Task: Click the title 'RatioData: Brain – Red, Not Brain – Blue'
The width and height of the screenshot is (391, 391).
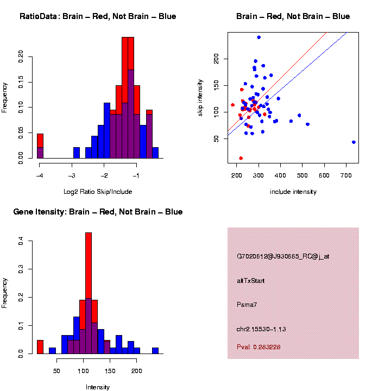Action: pos(98,17)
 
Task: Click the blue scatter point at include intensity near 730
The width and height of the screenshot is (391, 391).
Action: pos(354,142)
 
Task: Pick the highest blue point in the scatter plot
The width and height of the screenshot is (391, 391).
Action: pos(258,37)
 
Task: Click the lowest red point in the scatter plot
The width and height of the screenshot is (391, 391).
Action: pos(241,158)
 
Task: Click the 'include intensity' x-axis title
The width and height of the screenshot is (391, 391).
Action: pos(293,192)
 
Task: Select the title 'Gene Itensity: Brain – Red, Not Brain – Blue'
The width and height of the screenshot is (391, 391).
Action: pos(98,212)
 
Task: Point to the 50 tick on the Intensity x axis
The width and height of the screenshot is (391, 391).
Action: pos(56,371)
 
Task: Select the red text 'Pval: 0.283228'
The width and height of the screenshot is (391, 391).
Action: pos(259,347)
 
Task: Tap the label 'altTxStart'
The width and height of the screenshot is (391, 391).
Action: pos(251,281)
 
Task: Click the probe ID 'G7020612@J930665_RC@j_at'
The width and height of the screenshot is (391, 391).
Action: pos(283,256)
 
